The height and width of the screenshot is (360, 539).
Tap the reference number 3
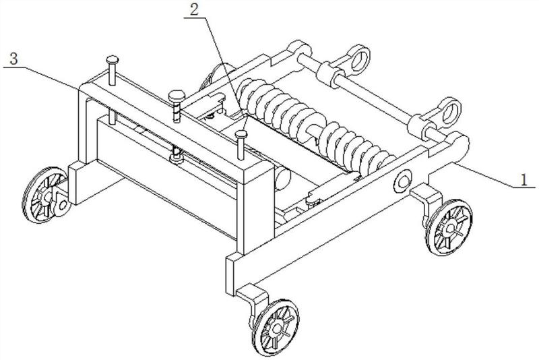click(14, 59)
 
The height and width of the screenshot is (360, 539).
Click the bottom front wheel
click(278, 328)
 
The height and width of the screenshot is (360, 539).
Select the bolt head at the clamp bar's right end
click(241, 133)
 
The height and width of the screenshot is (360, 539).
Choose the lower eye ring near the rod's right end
click(449, 108)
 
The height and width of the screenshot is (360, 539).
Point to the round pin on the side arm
click(404, 180)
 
